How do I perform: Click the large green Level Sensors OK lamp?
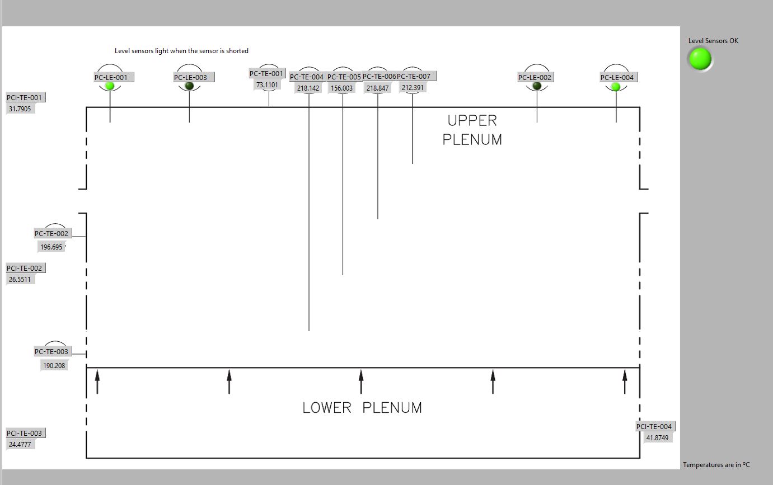coord(700,59)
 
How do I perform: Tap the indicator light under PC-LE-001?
coord(110,86)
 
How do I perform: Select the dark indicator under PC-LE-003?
coord(189,86)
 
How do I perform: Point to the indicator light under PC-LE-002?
coord(537,86)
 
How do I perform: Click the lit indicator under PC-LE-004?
coord(616,87)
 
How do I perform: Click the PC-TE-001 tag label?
coord(266,74)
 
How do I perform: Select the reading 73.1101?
coord(267,85)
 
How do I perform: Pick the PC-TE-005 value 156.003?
coord(341,88)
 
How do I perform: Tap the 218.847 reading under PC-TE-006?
coord(377,88)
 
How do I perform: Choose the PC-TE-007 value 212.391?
coord(413,88)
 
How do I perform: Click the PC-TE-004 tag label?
coord(307,77)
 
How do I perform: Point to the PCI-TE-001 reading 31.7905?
coord(20,109)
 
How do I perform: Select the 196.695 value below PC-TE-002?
coord(51,247)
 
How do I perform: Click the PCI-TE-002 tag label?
coord(24,268)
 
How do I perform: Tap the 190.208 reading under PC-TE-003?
coord(54,366)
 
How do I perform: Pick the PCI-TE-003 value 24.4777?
coord(20,445)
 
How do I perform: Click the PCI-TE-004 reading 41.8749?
coord(657,438)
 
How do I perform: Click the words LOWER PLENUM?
coord(362,408)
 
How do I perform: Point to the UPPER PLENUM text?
coord(472,130)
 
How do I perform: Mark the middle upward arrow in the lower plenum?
coord(361,382)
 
